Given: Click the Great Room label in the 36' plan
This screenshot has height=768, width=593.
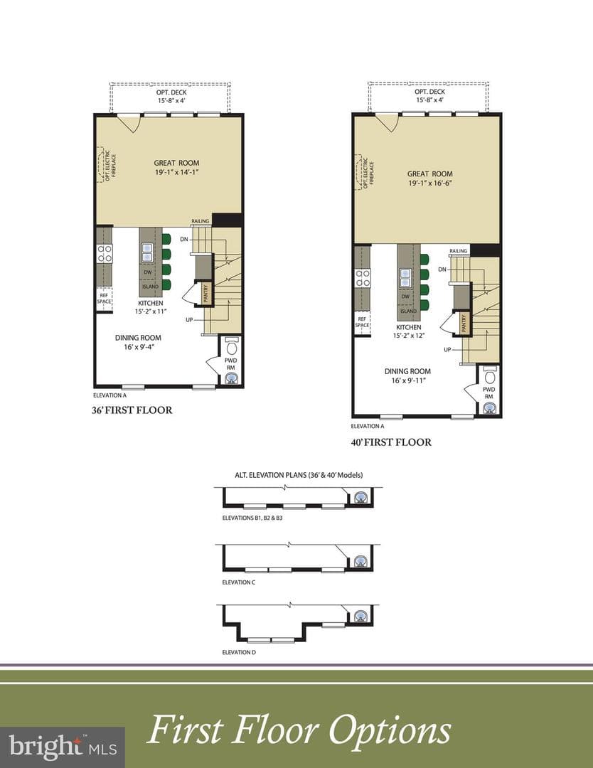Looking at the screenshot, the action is tap(176, 163).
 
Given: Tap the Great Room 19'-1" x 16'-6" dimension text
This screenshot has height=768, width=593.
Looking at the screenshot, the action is tap(429, 183).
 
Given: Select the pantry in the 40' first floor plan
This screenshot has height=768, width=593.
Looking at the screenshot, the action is tap(463, 323).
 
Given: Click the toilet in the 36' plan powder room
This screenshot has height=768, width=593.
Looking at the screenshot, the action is tap(232, 346).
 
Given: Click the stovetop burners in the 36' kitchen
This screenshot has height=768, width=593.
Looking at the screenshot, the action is tap(105, 253).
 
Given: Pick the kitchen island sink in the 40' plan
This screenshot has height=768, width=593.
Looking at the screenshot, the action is tap(405, 278).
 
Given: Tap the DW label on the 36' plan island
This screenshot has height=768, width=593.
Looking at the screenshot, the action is tap(147, 272).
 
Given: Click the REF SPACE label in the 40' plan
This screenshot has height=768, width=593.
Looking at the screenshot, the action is tap(362, 322).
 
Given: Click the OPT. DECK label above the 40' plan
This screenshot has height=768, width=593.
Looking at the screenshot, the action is tap(430, 92).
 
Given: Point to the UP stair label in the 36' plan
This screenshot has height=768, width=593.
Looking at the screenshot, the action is tap(190, 320).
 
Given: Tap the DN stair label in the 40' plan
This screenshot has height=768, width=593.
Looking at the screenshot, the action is tap(442, 270).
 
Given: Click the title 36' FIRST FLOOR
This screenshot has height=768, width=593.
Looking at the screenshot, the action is tap(132, 410).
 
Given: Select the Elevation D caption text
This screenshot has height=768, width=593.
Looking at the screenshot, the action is tap(239, 652).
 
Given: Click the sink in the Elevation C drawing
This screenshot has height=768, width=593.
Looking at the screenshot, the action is tap(361, 561).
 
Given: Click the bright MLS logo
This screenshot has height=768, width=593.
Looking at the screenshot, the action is tap(63, 747).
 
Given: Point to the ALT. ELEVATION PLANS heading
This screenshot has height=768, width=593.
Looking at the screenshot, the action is tap(299, 475).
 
